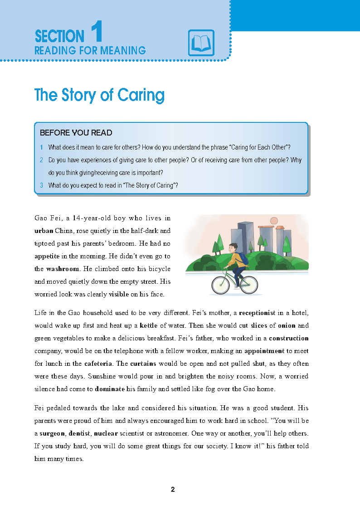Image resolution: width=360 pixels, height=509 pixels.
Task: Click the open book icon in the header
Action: [x=201, y=43]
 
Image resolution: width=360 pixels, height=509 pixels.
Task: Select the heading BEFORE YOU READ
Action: [x=76, y=133]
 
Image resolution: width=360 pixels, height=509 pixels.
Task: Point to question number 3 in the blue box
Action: [x=41, y=185]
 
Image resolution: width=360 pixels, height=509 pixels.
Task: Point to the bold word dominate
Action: [x=110, y=389]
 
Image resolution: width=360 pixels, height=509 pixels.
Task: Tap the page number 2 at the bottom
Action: [x=173, y=490]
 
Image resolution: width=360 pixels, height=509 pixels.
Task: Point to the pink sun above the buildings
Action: [x=273, y=221]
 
